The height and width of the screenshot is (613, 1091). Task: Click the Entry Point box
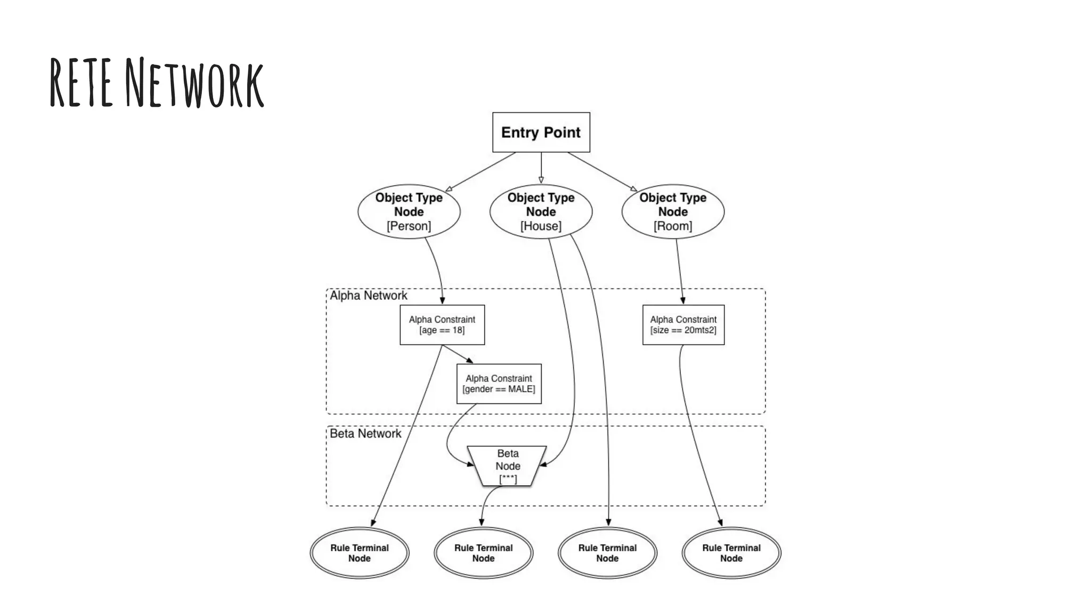tap(541, 132)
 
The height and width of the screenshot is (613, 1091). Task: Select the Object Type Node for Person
tap(409, 211)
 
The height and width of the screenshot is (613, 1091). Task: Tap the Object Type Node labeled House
tap(541, 211)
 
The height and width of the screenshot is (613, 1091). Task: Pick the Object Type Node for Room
tap(673, 211)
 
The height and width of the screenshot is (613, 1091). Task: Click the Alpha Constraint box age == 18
tap(442, 325)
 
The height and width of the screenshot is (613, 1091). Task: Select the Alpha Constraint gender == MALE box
tap(499, 384)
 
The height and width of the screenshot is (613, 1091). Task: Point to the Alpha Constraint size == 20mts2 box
tap(683, 325)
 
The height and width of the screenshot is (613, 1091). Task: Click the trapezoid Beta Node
tap(507, 466)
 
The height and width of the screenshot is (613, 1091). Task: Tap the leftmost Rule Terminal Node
tap(359, 553)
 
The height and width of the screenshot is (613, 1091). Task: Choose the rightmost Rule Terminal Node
tap(731, 553)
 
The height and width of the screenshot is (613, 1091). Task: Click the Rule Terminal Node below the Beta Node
tap(483, 553)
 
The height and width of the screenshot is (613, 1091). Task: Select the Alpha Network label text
tap(368, 295)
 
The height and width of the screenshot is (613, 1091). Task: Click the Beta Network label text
tap(365, 433)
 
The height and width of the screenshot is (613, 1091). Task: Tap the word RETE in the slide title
tap(81, 83)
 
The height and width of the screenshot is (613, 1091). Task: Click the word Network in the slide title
tap(194, 83)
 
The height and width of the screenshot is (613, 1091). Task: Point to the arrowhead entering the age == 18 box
tap(442, 301)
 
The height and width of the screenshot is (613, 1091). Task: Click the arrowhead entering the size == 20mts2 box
tap(683, 301)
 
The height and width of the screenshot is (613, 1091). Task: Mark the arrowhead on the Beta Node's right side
tap(543, 465)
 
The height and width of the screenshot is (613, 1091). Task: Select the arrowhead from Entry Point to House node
tap(541, 180)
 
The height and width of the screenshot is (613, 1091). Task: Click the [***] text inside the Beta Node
tap(508, 479)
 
